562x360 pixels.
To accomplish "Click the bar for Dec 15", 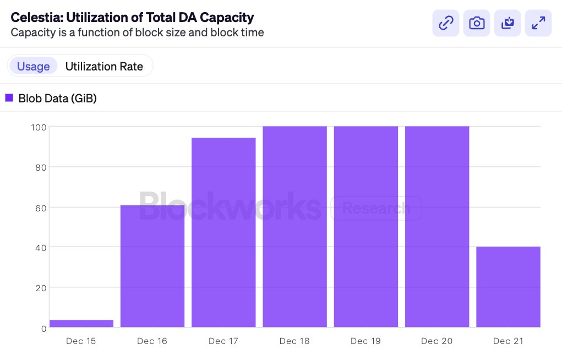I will pyautogui.click(x=81, y=324).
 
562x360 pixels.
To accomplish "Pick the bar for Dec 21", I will pyautogui.click(x=508, y=287).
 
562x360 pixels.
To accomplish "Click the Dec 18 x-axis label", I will pyautogui.click(x=294, y=341).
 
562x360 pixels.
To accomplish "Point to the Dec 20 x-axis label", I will pyautogui.click(x=436, y=341).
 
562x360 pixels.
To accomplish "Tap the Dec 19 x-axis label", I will pyautogui.click(x=365, y=341).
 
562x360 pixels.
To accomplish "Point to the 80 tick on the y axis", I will pyautogui.click(x=39, y=167).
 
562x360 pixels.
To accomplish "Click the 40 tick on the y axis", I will pyautogui.click(x=39, y=248).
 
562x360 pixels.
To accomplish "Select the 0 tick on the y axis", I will pyautogui.click(x=43, y=328).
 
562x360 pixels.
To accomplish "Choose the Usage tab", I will pyautogui.click(x=34, y=67).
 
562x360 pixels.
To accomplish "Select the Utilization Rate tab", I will pyautogui.click(x=104, y=67).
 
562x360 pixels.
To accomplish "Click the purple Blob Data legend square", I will pyautogui.click(x=9, y=98).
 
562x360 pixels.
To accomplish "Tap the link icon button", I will pyautogui.click(x=446, y=23).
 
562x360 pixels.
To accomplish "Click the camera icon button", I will pyautogui.click(x=477, y=23).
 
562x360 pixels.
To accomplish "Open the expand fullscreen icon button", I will pyautogui.click(x=538, y=23).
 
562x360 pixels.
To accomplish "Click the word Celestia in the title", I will pyautogui.click(x=35, y=18).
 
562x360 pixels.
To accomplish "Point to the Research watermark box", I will pyautogui.click(x=376, y=209).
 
